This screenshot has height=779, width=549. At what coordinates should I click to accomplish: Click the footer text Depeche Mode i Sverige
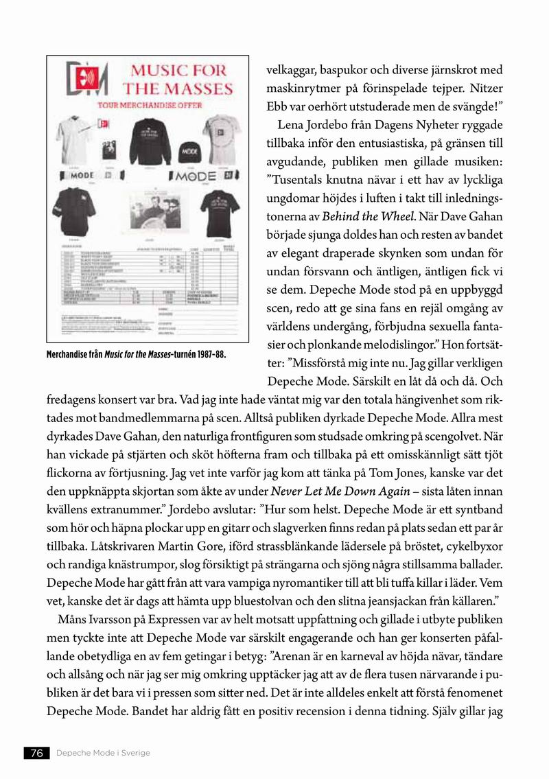pyautogui.click(x=103, y=753)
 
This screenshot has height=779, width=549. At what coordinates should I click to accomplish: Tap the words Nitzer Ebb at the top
pyautogui.click(x=500, y=89)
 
